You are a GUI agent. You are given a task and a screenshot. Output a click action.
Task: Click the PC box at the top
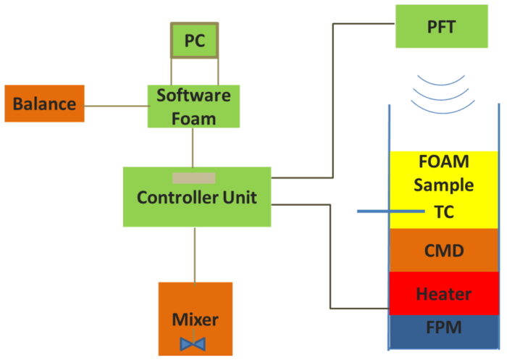(x=194, y=41)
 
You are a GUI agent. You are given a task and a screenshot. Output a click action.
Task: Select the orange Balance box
(x=45, y=104)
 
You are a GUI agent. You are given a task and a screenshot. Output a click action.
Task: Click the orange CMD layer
(x=444, y=250)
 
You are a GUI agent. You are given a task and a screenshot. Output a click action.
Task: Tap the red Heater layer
(x=444, y=293)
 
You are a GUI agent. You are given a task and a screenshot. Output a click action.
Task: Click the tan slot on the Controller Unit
(x=193, y=177)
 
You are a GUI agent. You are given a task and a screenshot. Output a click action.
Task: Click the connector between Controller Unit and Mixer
(x=193, y=254)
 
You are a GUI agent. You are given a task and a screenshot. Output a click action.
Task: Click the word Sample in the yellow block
(x=444, y=185)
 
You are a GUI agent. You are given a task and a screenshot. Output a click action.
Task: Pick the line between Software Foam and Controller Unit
(x=193, y=148)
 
